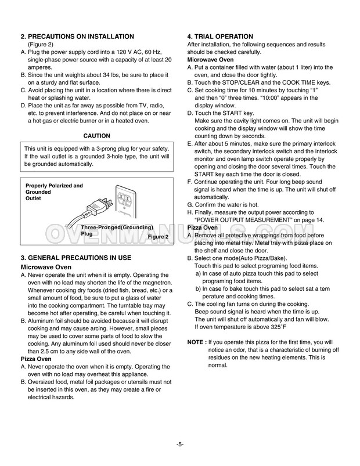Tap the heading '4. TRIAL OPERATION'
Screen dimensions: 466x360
tap(220, 37)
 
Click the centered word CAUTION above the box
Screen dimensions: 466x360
tap(97, 136)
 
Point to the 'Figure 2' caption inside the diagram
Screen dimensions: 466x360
tap(158, 237)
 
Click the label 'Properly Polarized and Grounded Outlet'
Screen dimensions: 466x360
tap(54, 192)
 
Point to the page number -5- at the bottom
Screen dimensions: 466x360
tap(180, 445)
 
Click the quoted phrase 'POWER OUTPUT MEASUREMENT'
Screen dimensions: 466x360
tap(243, 221)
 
